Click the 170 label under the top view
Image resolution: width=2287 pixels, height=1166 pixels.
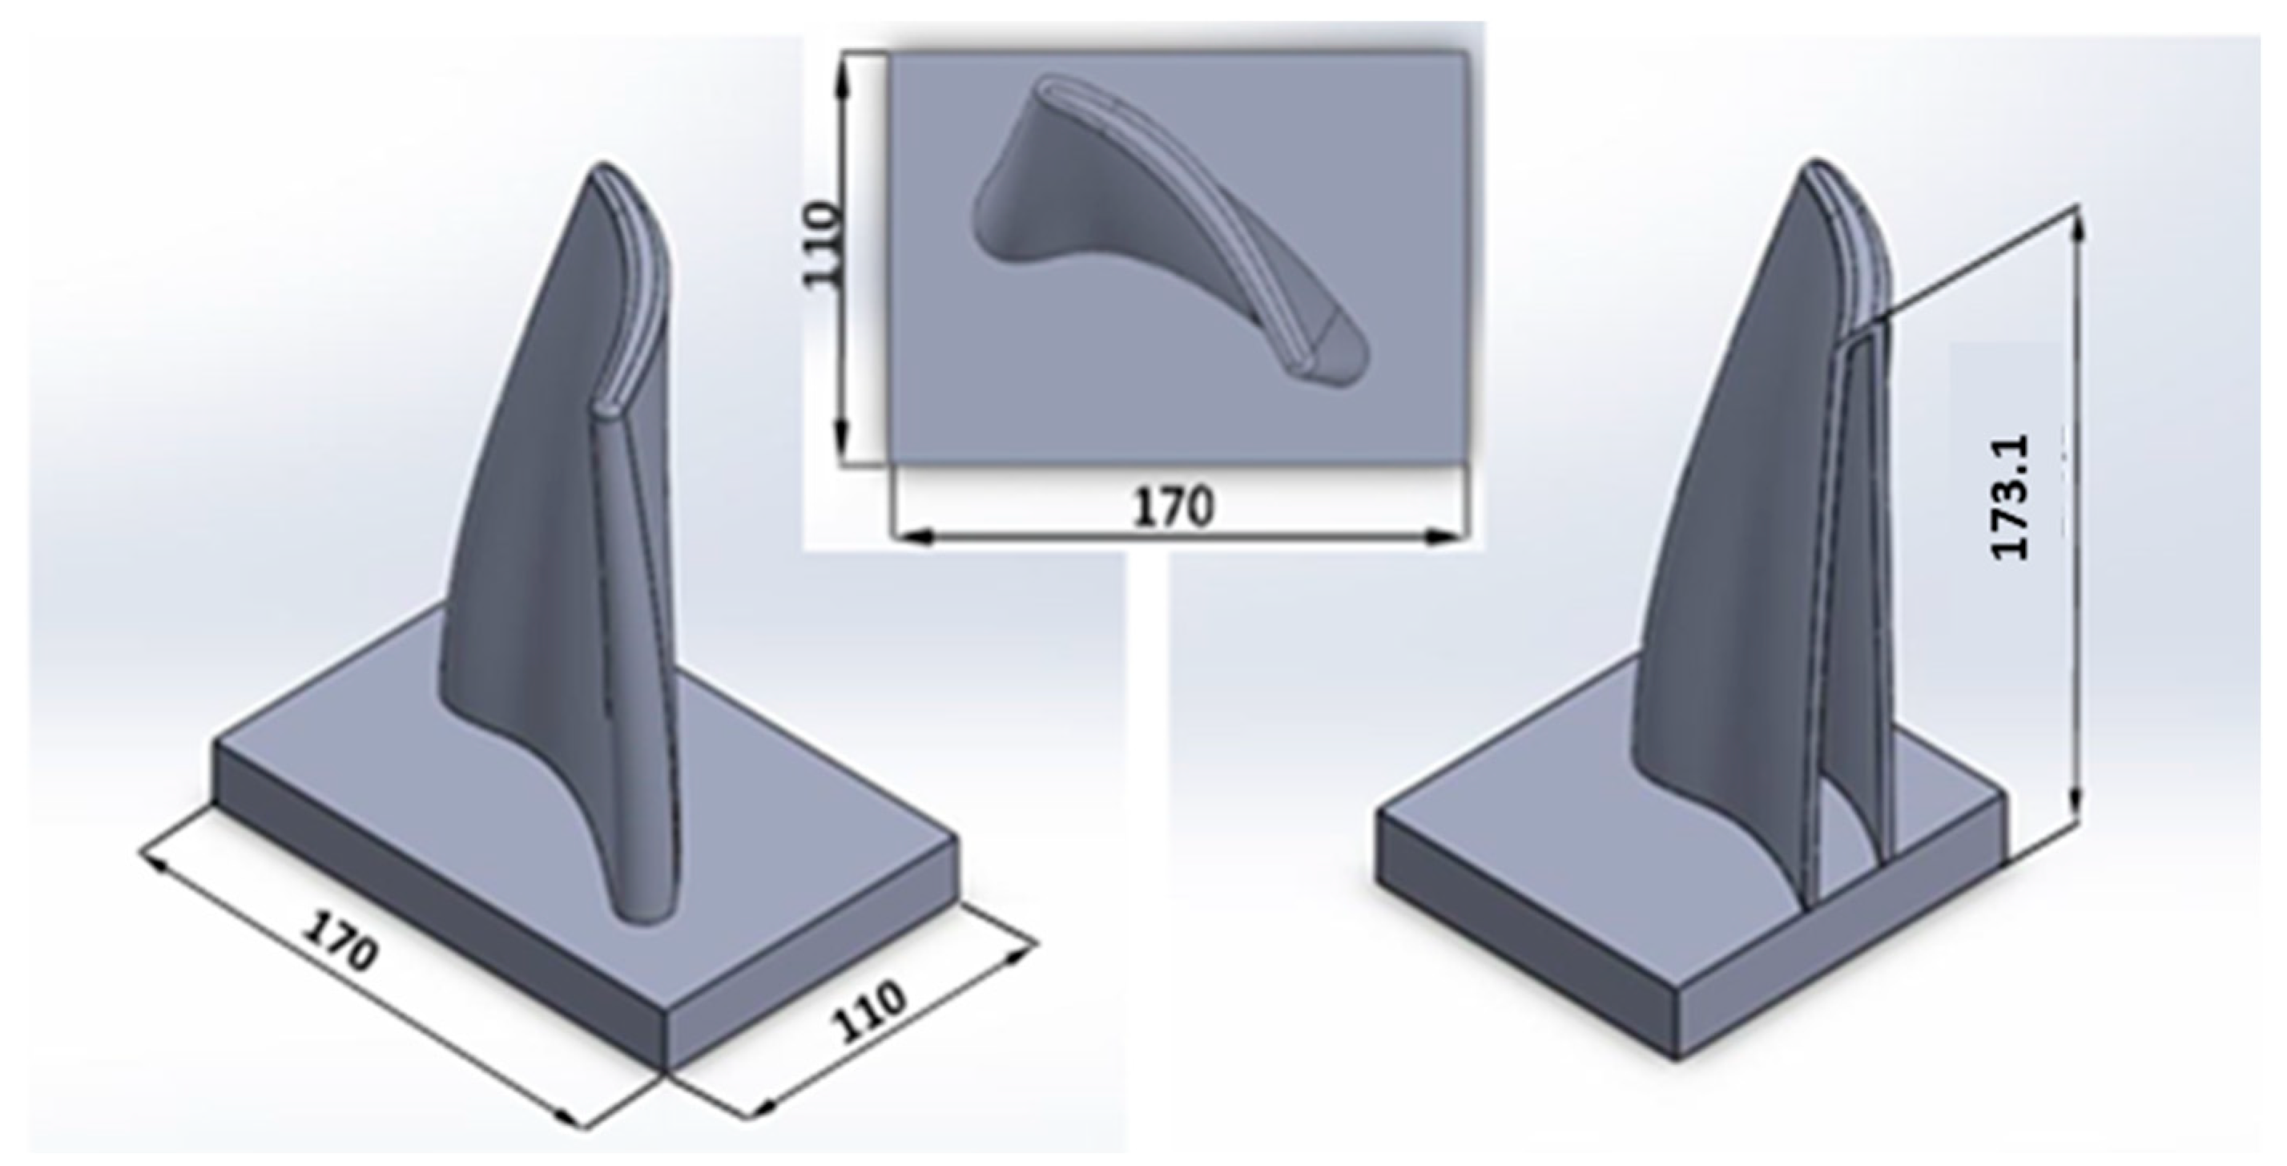[1173, 507]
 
